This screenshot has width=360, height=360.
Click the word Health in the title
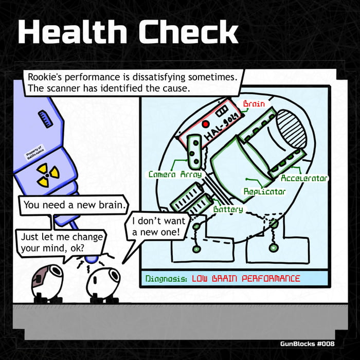coord(73,31)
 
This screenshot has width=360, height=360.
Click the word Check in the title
coord(188,31)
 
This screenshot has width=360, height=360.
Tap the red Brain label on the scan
coord(254,104)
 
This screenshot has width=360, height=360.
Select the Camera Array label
coord(175,174)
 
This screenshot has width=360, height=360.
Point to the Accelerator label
coord(304,178)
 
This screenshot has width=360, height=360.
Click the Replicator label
coord(264,191)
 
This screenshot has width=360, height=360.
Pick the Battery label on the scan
coord(228,209)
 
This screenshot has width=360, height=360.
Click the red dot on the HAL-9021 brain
coord(206,124)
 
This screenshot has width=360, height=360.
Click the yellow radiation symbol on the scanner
coord(48,175)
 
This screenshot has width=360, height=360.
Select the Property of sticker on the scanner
coord(35,153)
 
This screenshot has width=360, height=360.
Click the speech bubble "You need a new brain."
coord(74,205)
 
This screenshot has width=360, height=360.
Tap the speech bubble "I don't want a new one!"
coord(158,226)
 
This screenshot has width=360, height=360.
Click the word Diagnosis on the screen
coord(166,279)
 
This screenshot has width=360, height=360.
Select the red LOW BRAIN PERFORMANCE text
coord(246,279)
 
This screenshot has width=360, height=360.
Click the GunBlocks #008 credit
coord(307,344)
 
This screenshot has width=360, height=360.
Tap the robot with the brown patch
coord(47,283)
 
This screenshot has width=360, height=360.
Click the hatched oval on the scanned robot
coord(291,130)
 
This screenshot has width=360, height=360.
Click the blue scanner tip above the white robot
coord(92,259)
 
